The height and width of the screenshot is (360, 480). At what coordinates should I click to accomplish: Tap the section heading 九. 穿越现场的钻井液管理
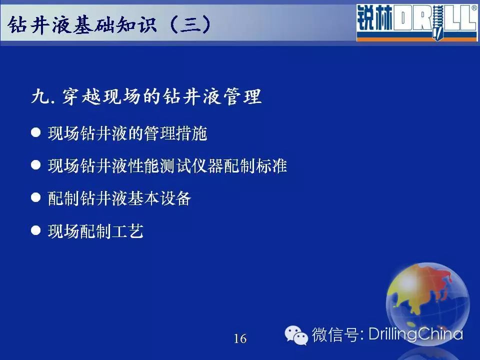coord(146,96)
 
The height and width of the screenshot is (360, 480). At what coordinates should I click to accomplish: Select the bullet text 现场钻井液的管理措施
coord(127,133)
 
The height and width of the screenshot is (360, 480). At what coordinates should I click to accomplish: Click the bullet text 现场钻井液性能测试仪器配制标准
coord(167,166)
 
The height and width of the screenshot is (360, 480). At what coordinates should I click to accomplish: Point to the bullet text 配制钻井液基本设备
coord(119,198)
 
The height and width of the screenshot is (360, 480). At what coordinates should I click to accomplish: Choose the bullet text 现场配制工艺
coord(95,231)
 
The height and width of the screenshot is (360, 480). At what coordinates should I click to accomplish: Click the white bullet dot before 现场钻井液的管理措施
coord(36,132)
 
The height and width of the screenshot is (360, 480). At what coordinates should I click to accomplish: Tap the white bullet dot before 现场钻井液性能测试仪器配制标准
coord(36,165)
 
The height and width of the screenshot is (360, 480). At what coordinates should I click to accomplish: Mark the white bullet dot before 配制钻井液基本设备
coord(36,197)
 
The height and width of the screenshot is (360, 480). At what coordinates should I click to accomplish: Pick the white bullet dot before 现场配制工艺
coord(36,230)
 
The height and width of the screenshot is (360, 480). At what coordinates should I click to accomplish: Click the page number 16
coord(240,338)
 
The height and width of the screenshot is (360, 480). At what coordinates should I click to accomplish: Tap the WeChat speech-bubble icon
coord(296,335)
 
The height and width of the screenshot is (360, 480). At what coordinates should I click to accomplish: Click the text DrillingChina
coord(415,334)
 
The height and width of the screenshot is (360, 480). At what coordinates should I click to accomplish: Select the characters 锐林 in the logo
coord(374,18)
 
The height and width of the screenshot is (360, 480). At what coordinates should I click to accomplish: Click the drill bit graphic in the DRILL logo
coord(437,22)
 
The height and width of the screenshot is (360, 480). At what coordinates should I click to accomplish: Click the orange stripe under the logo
coord(417,38)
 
